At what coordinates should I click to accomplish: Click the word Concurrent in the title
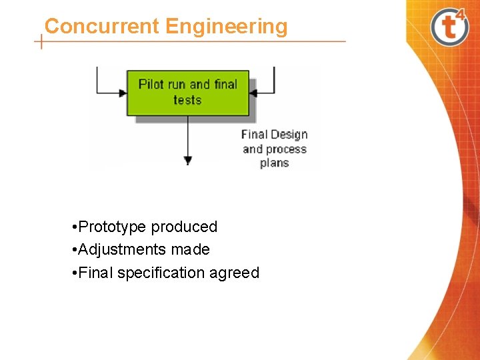tap(102, 27)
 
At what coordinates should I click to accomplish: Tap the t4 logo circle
tap(450, 27)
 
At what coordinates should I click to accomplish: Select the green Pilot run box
tap(187, 92)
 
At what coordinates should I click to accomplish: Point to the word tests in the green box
tap(187, 100)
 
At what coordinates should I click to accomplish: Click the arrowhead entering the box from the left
tap(123, 93)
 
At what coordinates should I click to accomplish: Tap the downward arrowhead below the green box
tap(188, 160)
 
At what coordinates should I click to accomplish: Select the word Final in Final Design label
tap(254, 135)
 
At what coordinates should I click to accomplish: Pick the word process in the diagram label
tap(286, 149)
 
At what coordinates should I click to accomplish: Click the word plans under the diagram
tap(274, 163)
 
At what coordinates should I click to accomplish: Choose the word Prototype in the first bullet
tap(112, 227)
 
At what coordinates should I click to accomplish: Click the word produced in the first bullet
tap(184, 227)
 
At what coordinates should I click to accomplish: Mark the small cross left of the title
tap(42, 41)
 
